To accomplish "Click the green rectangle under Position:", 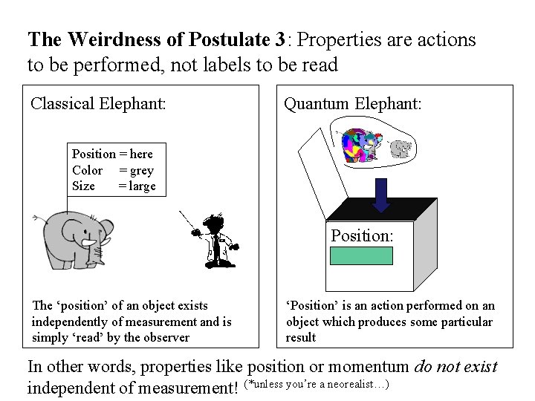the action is coord(361,256).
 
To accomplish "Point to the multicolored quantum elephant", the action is coord(359,146).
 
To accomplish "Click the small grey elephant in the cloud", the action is coord(401,149).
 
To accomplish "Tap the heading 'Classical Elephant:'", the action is coord(97,103).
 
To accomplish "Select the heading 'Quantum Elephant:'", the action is coord(353,103).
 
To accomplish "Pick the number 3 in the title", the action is coord(280,39).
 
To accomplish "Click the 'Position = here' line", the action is coord(112,154).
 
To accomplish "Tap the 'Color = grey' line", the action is coord(112,170).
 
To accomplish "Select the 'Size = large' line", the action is coord(113,186).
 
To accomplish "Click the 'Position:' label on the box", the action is coord(362,235).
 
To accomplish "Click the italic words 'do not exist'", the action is coord(455,366).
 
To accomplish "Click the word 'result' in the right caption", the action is coord(301,337).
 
